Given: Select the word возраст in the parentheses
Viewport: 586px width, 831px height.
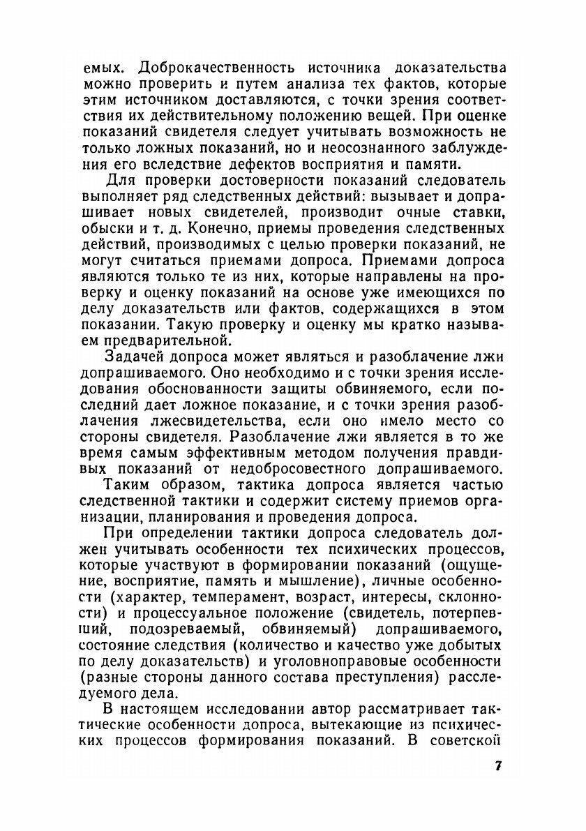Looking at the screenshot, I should pyautogui.click(x=348, y=597).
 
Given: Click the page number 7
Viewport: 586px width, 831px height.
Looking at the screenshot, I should pyautogui.click(x=497, y=766).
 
